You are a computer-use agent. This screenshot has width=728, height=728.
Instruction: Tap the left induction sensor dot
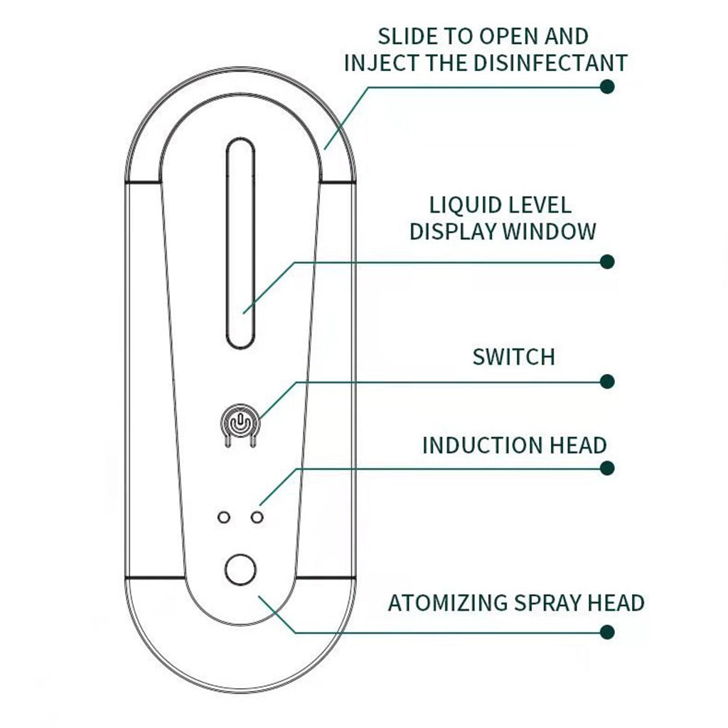click(x=225, y=517)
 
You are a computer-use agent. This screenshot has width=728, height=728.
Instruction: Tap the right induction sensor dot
click(x=257, y=517)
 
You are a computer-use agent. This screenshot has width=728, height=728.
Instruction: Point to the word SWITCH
click(x=513, y=357)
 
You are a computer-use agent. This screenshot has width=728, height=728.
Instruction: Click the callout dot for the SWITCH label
click(x=607, y=382)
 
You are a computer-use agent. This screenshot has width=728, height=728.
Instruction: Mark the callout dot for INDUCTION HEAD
click(x=607, y=468)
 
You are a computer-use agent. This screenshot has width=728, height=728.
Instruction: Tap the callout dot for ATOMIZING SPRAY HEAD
click(x=607, y=631)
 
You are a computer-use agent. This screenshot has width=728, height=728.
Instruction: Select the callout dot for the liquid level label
click(x=607, y=262)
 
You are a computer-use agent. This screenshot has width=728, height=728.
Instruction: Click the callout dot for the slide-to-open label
click(x=607, y=87)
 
